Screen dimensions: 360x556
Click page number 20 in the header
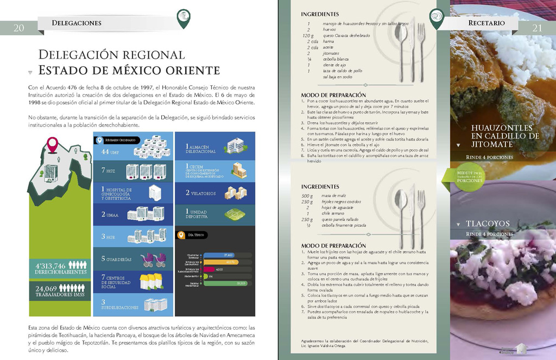[18, 28]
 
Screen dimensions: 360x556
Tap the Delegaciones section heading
[77, 23]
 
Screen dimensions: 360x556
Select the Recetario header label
[486, 23]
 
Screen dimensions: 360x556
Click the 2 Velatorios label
[201, 193]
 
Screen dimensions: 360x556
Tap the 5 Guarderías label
[116, 259]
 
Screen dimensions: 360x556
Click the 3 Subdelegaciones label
[119, 305]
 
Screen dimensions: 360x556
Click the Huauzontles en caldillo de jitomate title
[505, 136]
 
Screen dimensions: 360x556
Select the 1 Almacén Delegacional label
[201, 149]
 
